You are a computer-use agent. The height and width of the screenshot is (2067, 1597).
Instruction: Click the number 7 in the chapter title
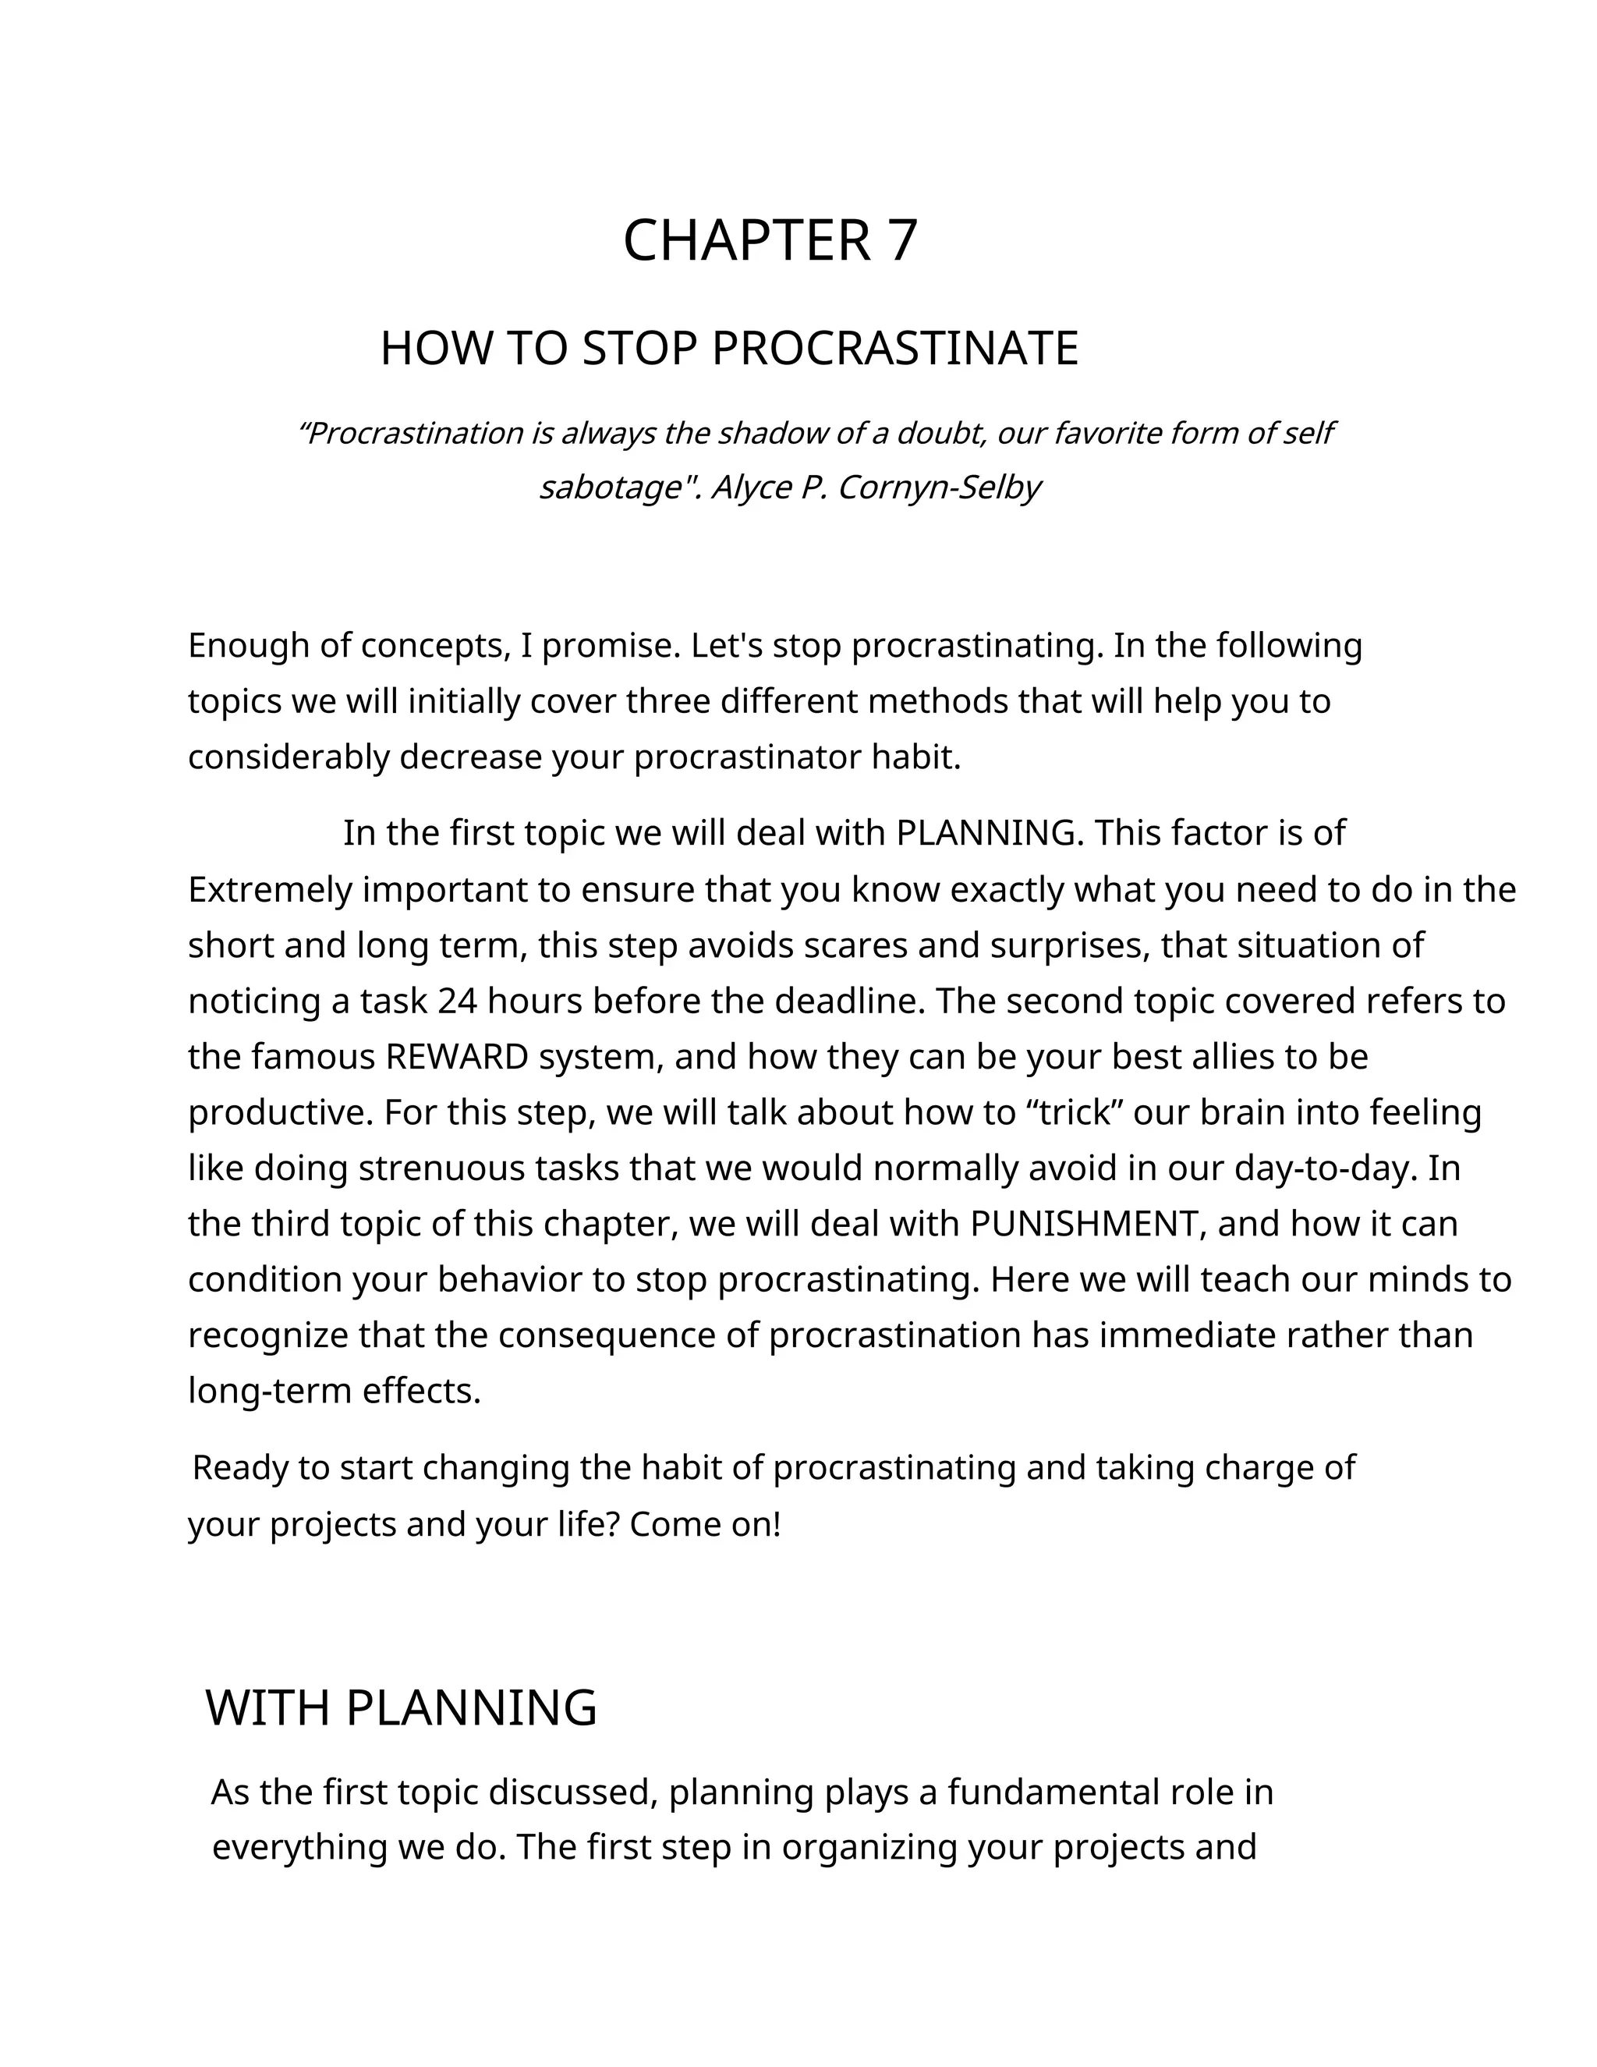pyautogui.click(x=901, y=240)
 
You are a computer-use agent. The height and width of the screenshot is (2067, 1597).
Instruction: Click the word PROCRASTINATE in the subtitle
pyautogui.click(x=894, y=349)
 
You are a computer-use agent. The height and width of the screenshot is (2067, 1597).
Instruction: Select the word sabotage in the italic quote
pyautogui.click(x=611, y=487)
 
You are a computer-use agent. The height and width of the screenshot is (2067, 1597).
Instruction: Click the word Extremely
pyautogui.click(x=270, y=891)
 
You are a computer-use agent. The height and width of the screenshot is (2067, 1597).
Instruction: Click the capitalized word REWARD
pyautogui.click(x=457, y=1057)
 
